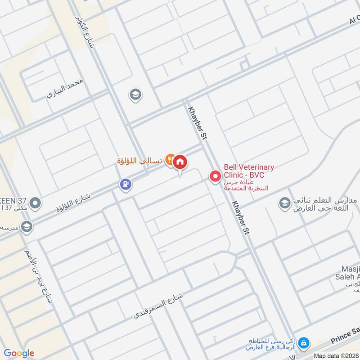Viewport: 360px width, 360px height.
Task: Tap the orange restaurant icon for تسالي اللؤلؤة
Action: [x=170, y=159]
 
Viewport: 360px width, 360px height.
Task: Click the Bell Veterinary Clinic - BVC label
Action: [x=249, y=171]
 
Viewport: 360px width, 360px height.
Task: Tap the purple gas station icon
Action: [x=126, y=184]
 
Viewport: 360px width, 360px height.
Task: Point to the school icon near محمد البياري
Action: [x=134, y=94]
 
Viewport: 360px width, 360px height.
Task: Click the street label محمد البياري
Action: [x=65, y=88]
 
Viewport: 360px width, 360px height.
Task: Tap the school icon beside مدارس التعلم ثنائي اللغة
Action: [x=284, y=203]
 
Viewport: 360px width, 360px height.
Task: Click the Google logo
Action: [x=18, y=353]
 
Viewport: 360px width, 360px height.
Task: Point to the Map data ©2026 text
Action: [x=336, y=355]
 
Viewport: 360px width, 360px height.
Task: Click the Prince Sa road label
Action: [x=346, y=334]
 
